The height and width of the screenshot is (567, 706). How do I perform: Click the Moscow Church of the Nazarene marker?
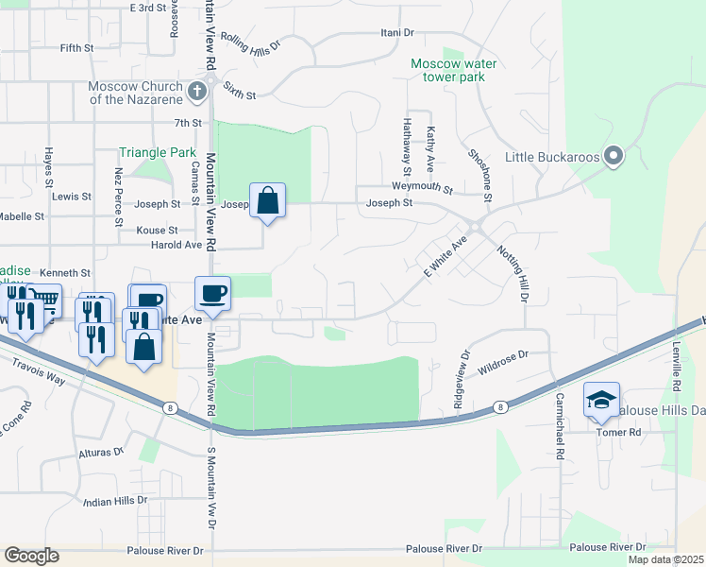[197, 91]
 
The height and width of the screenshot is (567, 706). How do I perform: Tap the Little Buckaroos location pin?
[614, 156]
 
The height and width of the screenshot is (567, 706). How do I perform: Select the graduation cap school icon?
[601, 400]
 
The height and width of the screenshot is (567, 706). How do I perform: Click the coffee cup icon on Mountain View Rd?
[212, 293]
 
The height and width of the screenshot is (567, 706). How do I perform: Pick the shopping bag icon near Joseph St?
[268, 200]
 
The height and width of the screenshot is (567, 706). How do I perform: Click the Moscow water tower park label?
[453, 71]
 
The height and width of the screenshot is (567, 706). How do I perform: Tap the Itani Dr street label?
[396, 33]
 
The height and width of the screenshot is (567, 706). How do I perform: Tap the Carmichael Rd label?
[559, 426]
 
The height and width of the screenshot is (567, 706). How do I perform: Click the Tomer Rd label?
[618, 432]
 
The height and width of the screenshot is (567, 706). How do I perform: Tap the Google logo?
[32, 556]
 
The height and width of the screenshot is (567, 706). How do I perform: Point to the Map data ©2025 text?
[665, 559]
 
